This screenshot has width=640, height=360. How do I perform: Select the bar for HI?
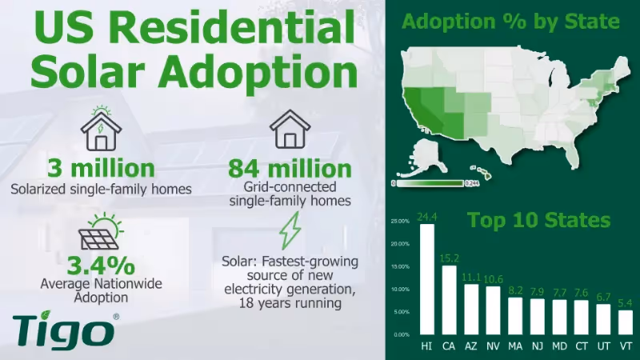[x=427, y=279]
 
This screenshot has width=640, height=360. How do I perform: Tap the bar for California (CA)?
[x=449, y=299]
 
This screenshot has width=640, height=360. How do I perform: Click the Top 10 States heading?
[x=538, y=219]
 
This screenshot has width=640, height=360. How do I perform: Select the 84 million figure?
[x=290, y=170]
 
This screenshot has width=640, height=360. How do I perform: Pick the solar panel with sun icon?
[x=100, y=231]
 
